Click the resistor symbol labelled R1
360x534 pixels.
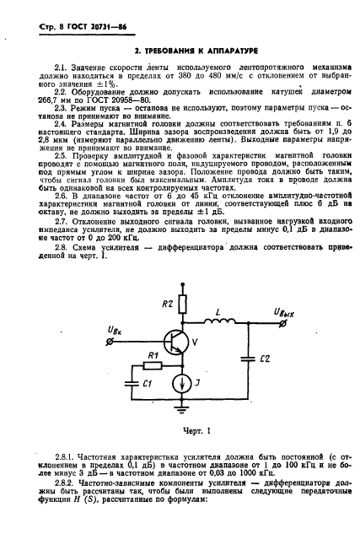point(153,366)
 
